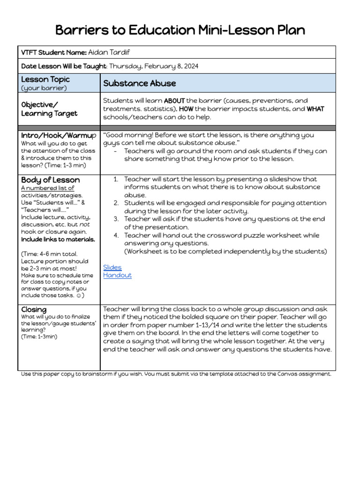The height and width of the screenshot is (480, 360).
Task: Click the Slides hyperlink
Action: [112, 267]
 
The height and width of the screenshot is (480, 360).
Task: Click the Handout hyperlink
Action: [117, 275]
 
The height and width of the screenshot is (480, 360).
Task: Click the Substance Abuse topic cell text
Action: [139, 83]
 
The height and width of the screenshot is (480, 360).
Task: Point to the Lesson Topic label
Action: [45, 80]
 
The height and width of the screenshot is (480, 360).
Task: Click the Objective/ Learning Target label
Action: [49, 109]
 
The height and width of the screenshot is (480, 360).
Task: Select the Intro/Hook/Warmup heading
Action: [59, 135]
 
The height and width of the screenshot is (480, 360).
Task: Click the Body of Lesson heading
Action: [50, 180]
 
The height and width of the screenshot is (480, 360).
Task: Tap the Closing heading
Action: [34, 309]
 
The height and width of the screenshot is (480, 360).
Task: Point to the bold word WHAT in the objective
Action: [315, 109]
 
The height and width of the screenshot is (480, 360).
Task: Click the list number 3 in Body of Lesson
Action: [116, 219]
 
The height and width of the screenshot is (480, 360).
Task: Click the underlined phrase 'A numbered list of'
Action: [47, 188]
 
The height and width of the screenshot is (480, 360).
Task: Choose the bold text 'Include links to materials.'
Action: [58, 239]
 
